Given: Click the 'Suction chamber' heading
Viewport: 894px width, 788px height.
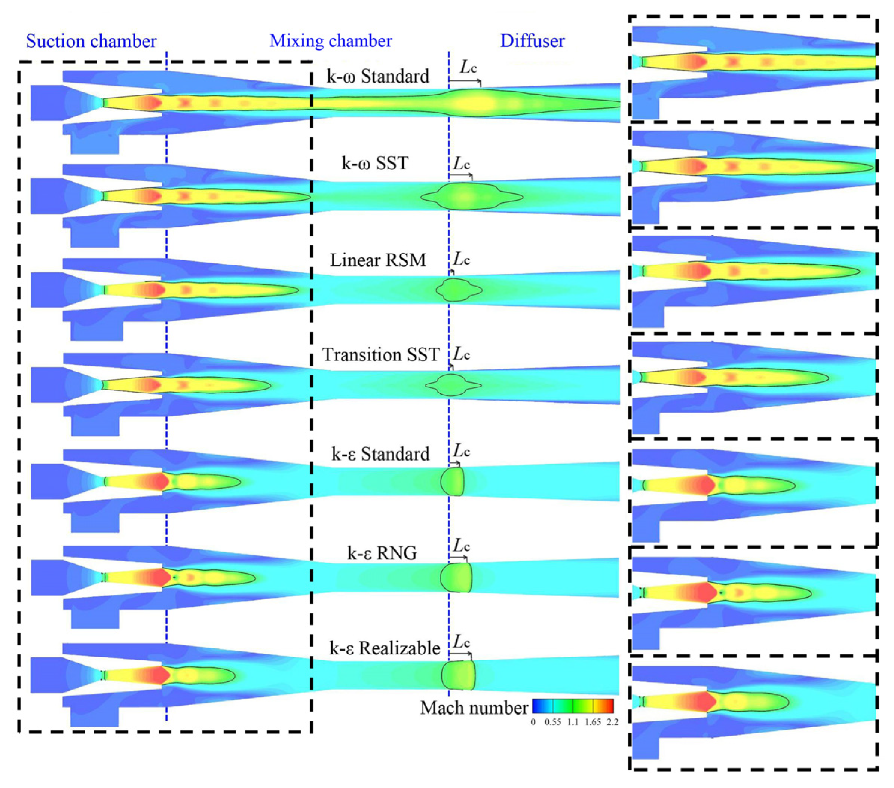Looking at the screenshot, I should [x=91, y=41].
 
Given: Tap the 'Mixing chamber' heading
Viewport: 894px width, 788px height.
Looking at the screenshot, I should [x=331, y=41].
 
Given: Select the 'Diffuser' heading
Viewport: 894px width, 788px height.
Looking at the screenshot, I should [x=532, y=41].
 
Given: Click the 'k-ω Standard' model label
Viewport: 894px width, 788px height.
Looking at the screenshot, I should [x=378, y=77].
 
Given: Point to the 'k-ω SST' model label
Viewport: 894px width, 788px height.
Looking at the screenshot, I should [x=375, y=164].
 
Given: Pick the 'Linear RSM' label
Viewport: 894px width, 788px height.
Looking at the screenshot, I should [x=378, y=260].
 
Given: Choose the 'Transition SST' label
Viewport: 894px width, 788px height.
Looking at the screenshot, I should [x=380, y=354].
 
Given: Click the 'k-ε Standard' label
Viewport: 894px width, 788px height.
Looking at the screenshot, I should [x=380, y=454].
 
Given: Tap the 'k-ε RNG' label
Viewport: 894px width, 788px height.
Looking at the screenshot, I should [x=382, y=553].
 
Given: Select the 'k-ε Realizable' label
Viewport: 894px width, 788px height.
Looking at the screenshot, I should [x=385, y=648].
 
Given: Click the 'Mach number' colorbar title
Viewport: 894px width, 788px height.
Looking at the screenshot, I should [x=474, y=708].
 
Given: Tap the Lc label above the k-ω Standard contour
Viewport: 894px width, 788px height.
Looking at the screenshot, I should [x=468, y=68].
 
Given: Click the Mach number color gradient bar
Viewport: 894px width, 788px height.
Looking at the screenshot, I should [x=573, y=706].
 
